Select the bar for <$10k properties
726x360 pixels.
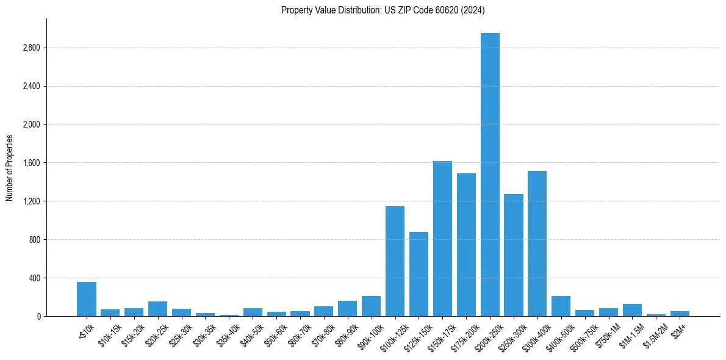pos(87,299)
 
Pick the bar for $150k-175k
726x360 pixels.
pos(442,239)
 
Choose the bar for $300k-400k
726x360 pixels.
pos(537,243)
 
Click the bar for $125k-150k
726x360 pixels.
pos(419,274)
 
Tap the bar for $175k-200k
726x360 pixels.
pos(466,245)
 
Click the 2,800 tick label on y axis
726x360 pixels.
pos(31,48)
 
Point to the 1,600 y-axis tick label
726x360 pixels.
pos(31,163)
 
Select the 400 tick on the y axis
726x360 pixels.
pos(34,278)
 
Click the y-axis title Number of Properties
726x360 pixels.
pos(10,167)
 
